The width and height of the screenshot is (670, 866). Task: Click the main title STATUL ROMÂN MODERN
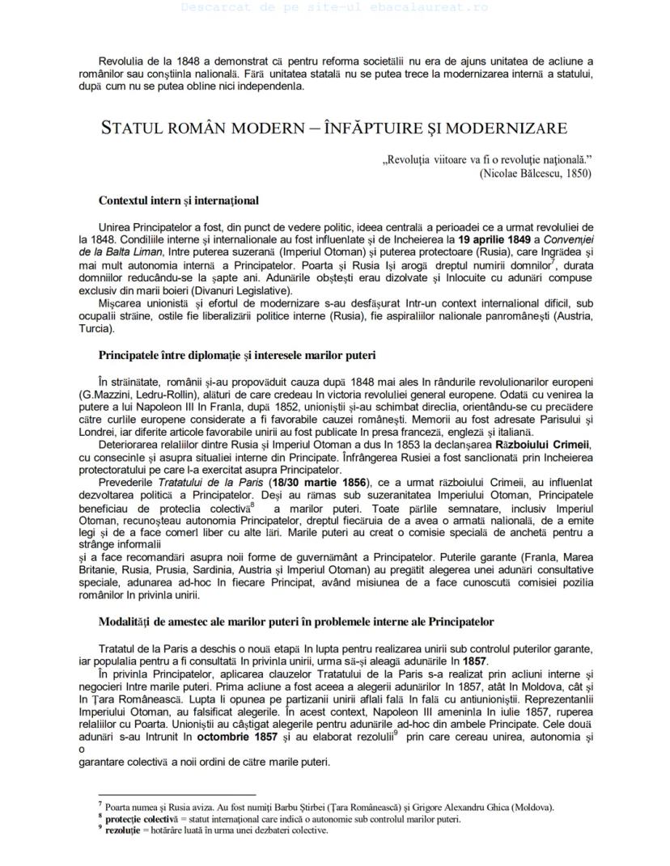(334, 129)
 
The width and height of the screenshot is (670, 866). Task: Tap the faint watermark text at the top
(334, 6)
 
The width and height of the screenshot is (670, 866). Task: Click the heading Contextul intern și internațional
(178, 200)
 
